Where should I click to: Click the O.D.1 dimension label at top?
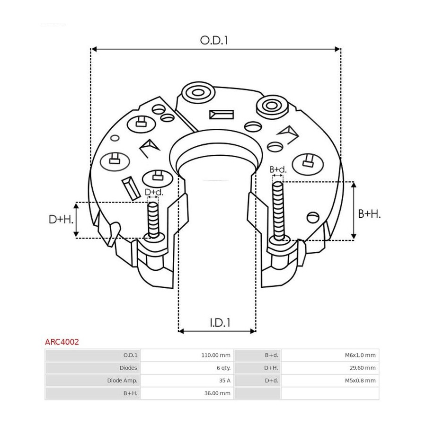pyautogui.click(x=214, y=40)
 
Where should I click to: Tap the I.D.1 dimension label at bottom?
pyautogui.click(x=220, y=323)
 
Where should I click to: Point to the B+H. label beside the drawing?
pyautogui.click(x=369, y=214)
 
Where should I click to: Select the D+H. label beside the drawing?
pyautogui.click(x=61, y=219)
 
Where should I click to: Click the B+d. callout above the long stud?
pyautogui.click(x=278, y=169)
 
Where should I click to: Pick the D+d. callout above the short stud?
pyautogui.click(x=154, y=192)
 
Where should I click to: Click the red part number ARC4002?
pyautogui.click(x=62, y=342)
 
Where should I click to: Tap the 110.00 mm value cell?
pyautogui.click(x=216, y=355)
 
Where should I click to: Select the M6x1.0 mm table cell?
pyautogui.click(x=360, y=355)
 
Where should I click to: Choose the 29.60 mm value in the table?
pyautogui.click(x=363, y=368)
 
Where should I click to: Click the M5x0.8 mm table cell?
pyautogui.click(x=360, y=381)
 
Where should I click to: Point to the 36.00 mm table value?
pyautogui.click(x=217, y=393)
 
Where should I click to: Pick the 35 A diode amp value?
pyautogui.click(x=225, y=381)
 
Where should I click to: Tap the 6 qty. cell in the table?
pyautogui.click(x=223, y=368)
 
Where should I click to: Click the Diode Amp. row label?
pyautogui.click(x=122, y=381)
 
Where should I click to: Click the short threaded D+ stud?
pyautogui.click(x=153, y=220)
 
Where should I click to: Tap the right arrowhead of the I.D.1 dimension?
pyautogui.click(x=253, y=331)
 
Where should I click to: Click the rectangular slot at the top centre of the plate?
pyautogui.click(x=222, y=115)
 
